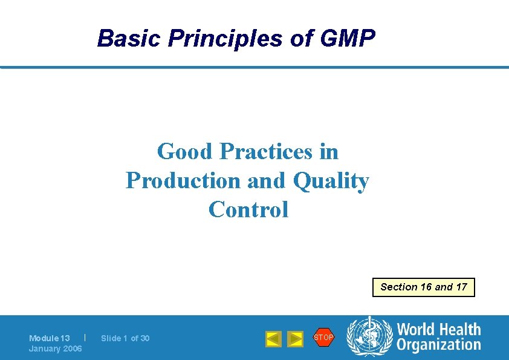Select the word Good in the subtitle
pos(186,151)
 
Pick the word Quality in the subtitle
pos(331,180)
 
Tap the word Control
pos(248,210)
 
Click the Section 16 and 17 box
pos(423,287)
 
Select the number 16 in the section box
pos(427,287)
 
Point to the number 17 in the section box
pos(461,287)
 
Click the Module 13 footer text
pos(50,338)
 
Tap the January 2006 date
pos(55,349)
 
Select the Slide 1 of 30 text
pos(125,338)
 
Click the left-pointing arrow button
pos(273,339)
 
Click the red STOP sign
pos(323,338)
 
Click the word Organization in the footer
pos(438,345)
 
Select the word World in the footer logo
pos(417,330)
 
